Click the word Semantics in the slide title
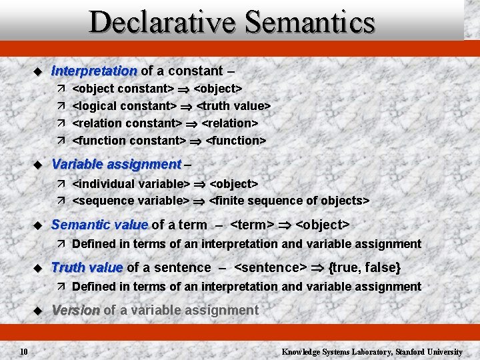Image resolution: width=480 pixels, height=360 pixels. [x=309, y=22]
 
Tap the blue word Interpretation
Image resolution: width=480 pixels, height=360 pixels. [x=94, y=71]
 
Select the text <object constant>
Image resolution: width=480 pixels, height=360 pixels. [x=123, y=89]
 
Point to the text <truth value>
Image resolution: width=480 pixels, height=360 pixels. [x=233, y=106]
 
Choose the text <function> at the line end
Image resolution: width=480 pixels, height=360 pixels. [x=236, y=141]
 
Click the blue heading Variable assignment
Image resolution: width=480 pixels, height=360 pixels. [x=116, y=164]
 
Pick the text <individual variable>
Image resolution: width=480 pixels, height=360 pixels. [x=131, y=183]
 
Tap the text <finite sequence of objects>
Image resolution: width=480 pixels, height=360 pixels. [x=289, y=201]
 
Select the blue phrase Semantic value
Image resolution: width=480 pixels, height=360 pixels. [x=99, y=225]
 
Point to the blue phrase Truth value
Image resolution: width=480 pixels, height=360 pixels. [x=87, y=267]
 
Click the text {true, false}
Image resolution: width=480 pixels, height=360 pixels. [x=365, y=267]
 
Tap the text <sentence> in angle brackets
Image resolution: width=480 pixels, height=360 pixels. [x=270, y=267]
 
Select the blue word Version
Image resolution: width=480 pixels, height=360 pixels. [x=75, y=310]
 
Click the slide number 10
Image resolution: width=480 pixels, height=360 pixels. [x=23, y=351]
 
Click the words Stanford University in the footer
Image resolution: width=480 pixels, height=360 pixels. [x=429, y=351]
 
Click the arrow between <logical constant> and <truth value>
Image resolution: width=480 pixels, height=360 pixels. [x=186, y=107]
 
